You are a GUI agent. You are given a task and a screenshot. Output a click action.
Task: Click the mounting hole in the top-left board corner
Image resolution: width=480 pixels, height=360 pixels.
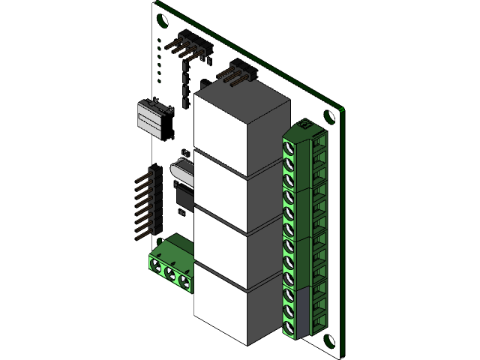tap(162, 21)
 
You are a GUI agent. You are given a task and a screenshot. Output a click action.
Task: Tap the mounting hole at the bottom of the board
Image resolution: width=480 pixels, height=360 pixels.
tap(328, 341)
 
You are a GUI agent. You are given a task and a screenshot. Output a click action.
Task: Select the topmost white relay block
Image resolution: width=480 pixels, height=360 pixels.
tap(240, 120)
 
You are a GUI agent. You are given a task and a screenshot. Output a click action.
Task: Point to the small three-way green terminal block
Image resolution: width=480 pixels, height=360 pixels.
tap(172, 262)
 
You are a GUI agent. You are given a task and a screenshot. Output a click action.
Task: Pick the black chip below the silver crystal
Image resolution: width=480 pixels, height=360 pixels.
tap(183, 196)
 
